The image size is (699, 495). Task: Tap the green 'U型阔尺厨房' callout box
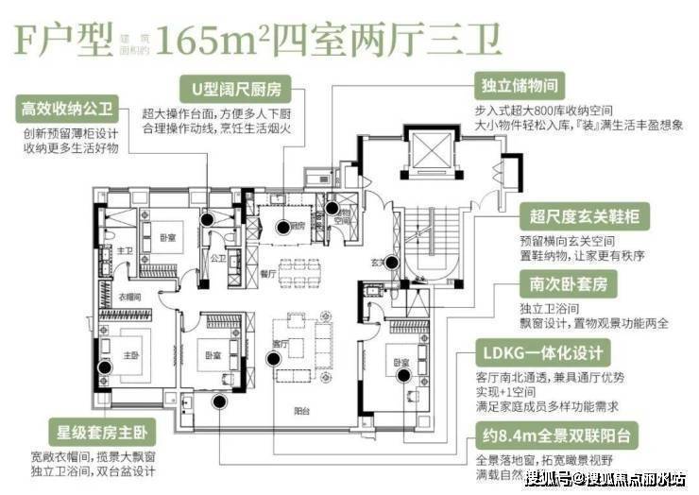click(237, 90)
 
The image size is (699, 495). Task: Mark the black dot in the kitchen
click(281, 227)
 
